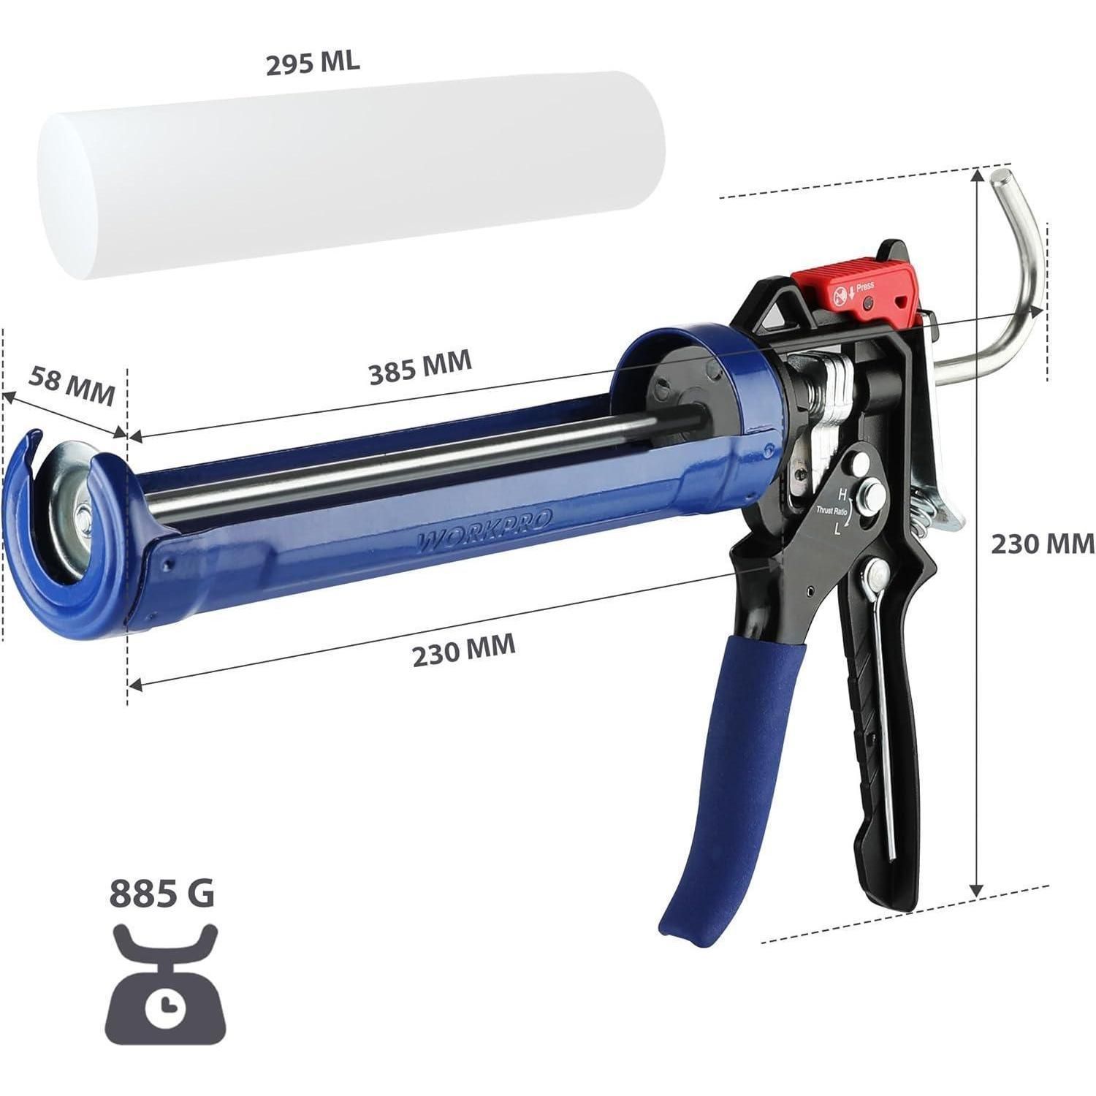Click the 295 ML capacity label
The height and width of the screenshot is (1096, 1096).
click(312, 64)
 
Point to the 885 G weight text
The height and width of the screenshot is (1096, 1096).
click(162, 892)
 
